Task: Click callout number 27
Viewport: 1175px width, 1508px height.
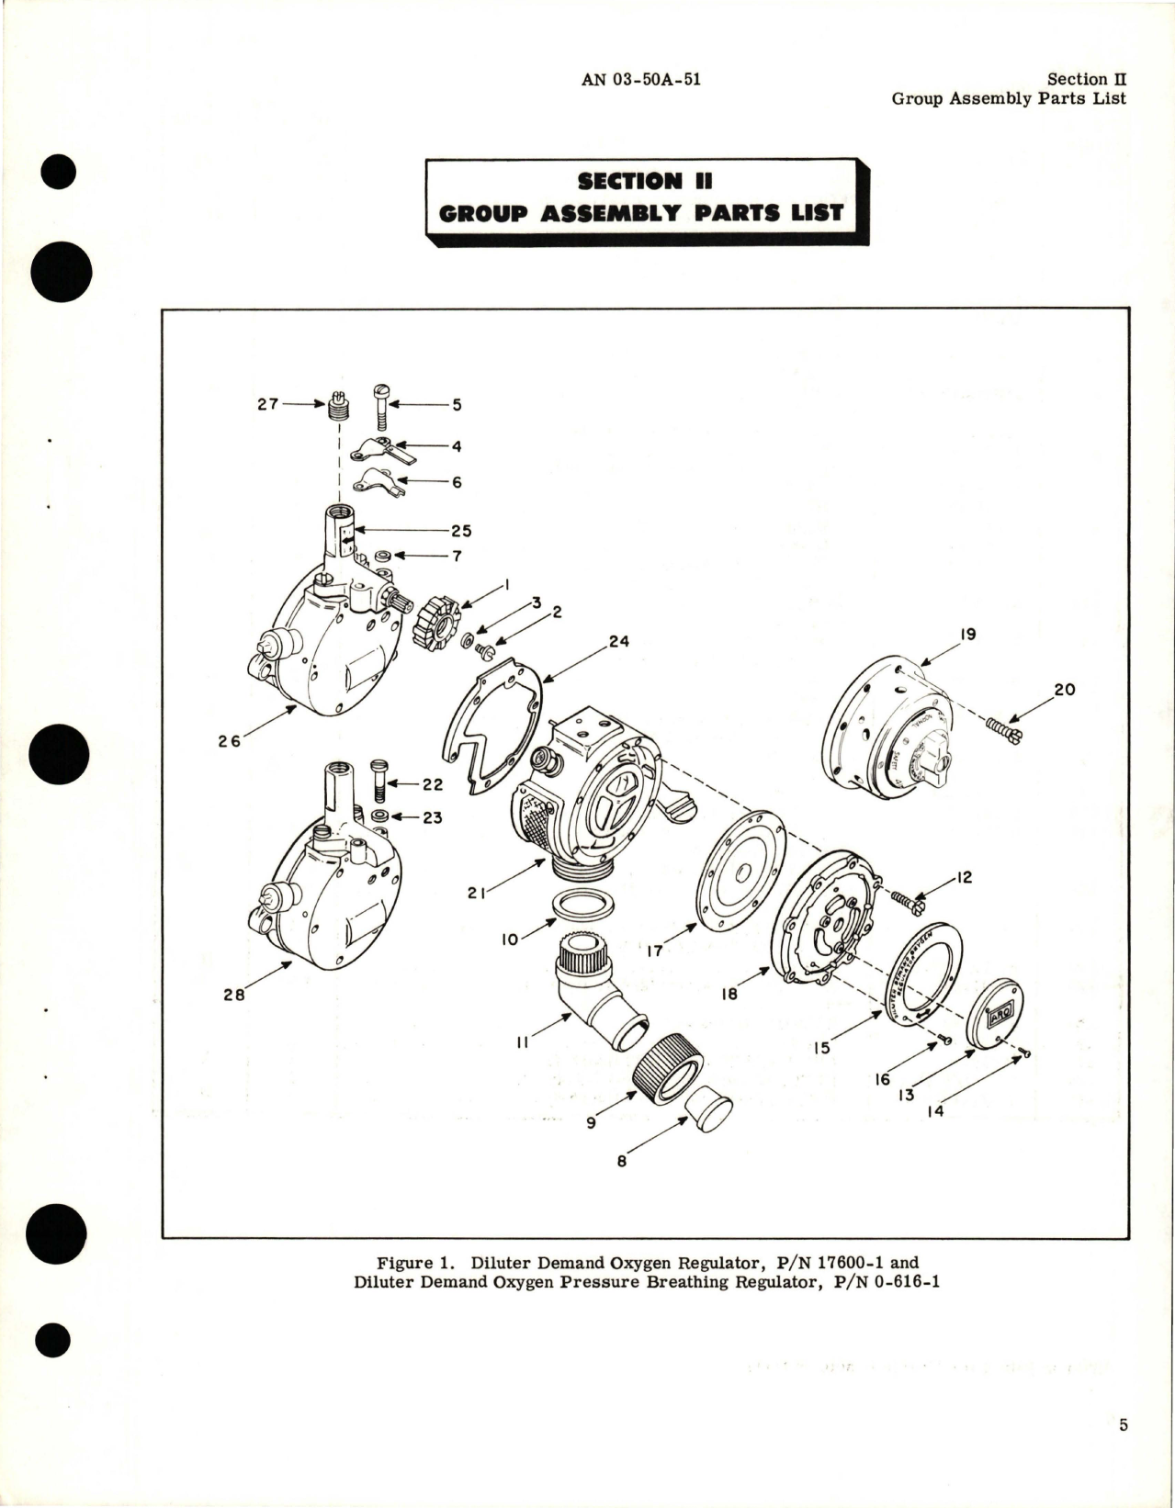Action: pyautogui.click(x=267, y=404)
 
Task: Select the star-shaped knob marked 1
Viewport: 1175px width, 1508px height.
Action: pyautogui.click(x=439, y=624)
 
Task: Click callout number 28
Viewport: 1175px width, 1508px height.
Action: pyautogui.click(x=234, y=994)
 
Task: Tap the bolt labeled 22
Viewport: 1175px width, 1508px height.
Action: pyautogui.click(x=379, y=780)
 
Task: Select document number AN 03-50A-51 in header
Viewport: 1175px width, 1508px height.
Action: pyautogui.click(x=641, y=79)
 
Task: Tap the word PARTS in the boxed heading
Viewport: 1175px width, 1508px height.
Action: pyautogui.click(x=696, y=213)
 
